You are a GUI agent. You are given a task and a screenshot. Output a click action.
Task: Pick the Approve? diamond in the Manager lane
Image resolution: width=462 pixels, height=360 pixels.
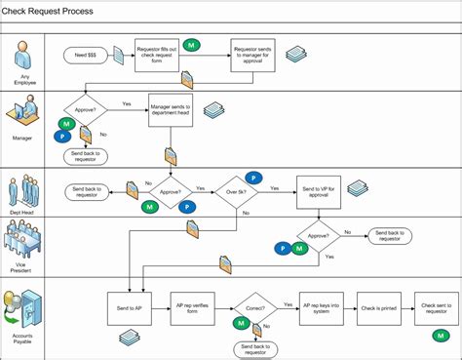click(x=86, y=110)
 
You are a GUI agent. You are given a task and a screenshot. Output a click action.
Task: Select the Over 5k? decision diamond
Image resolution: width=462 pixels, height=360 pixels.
click(x=236, y=191)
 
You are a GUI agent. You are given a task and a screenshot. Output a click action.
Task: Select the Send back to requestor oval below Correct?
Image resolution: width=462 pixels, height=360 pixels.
click(x=254, y=348)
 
